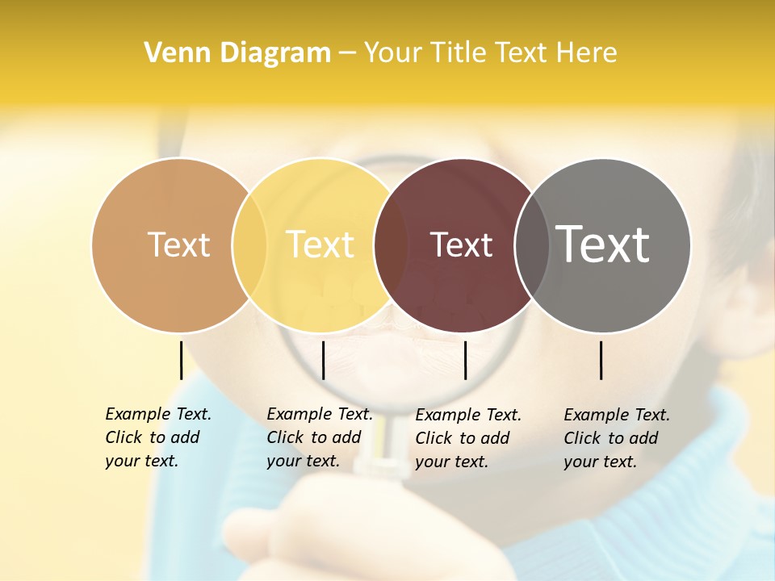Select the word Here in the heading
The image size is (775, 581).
(588, 53)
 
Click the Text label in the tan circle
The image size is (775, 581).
(179, 245)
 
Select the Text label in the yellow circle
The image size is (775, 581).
(320, 245)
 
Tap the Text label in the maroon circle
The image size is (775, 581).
(461, 245)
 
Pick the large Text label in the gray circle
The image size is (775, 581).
(603, 245)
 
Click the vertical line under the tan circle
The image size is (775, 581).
(181, 360)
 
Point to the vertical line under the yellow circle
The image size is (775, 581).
(323, 360)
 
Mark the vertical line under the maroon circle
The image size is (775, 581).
(465, 360)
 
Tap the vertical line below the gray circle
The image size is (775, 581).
(601, 360)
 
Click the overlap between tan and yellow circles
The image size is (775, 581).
(249, 245)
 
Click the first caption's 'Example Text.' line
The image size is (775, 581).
(158, 414)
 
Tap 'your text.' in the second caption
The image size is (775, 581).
(303, 462)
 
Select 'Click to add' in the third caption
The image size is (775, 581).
(463, 438)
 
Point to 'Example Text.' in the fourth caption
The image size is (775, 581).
(617, 415)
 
